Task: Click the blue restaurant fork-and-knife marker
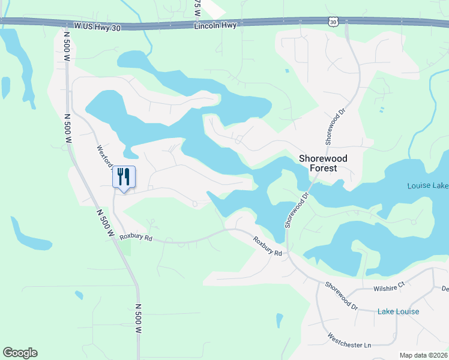124,178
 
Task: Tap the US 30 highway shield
333,21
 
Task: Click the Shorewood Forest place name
323,163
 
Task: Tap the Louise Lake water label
427,186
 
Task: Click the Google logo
20,353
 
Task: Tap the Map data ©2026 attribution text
423,355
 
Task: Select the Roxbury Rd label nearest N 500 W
136,238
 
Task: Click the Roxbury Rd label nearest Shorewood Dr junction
267,246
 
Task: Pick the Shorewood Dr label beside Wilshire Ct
341,297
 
